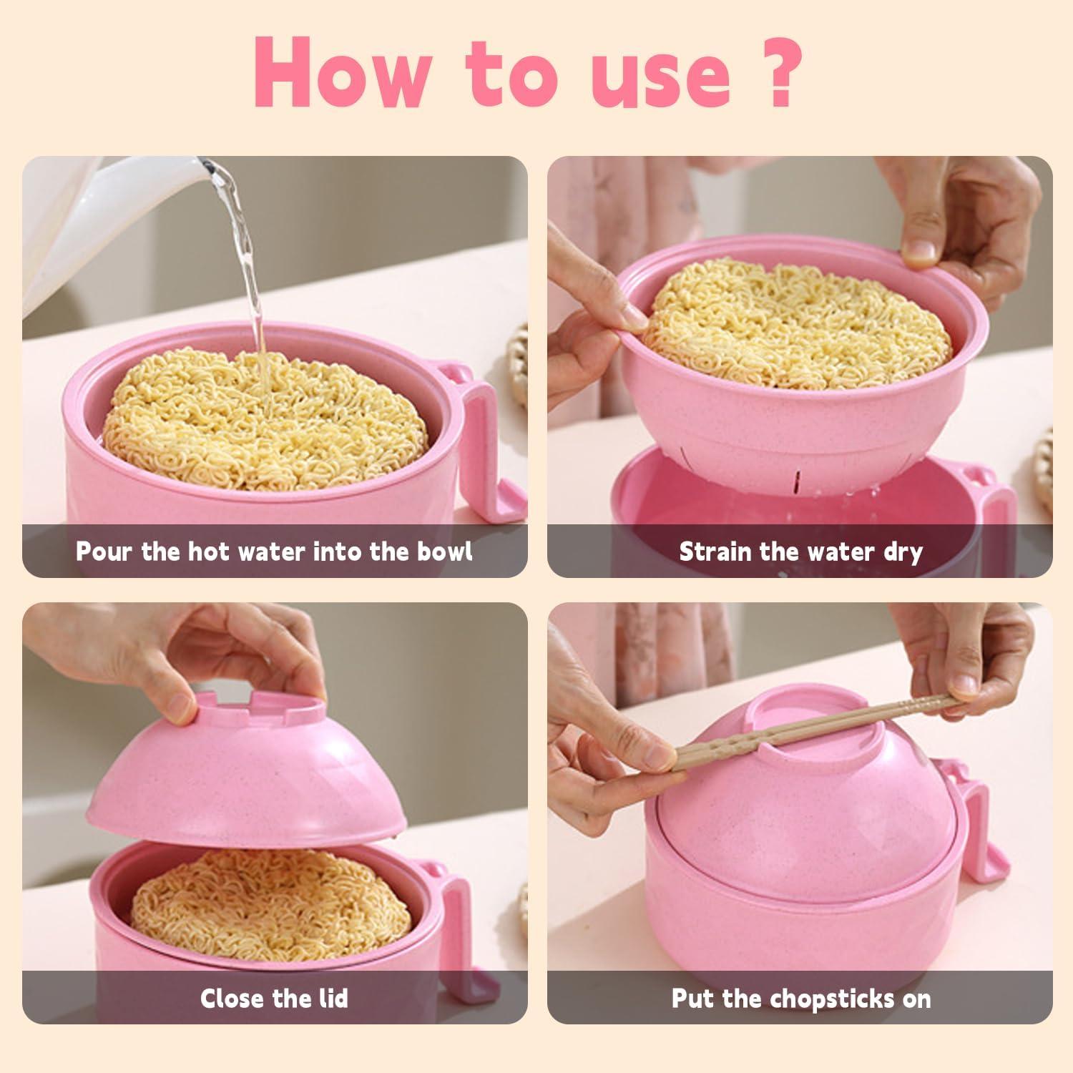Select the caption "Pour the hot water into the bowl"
(x=274, y=552)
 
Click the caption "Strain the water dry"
(x=800, y=552)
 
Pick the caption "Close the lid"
(x=274, y=998)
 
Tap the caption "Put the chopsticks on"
(x=800, y=998)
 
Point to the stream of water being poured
(x=247, y=272)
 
